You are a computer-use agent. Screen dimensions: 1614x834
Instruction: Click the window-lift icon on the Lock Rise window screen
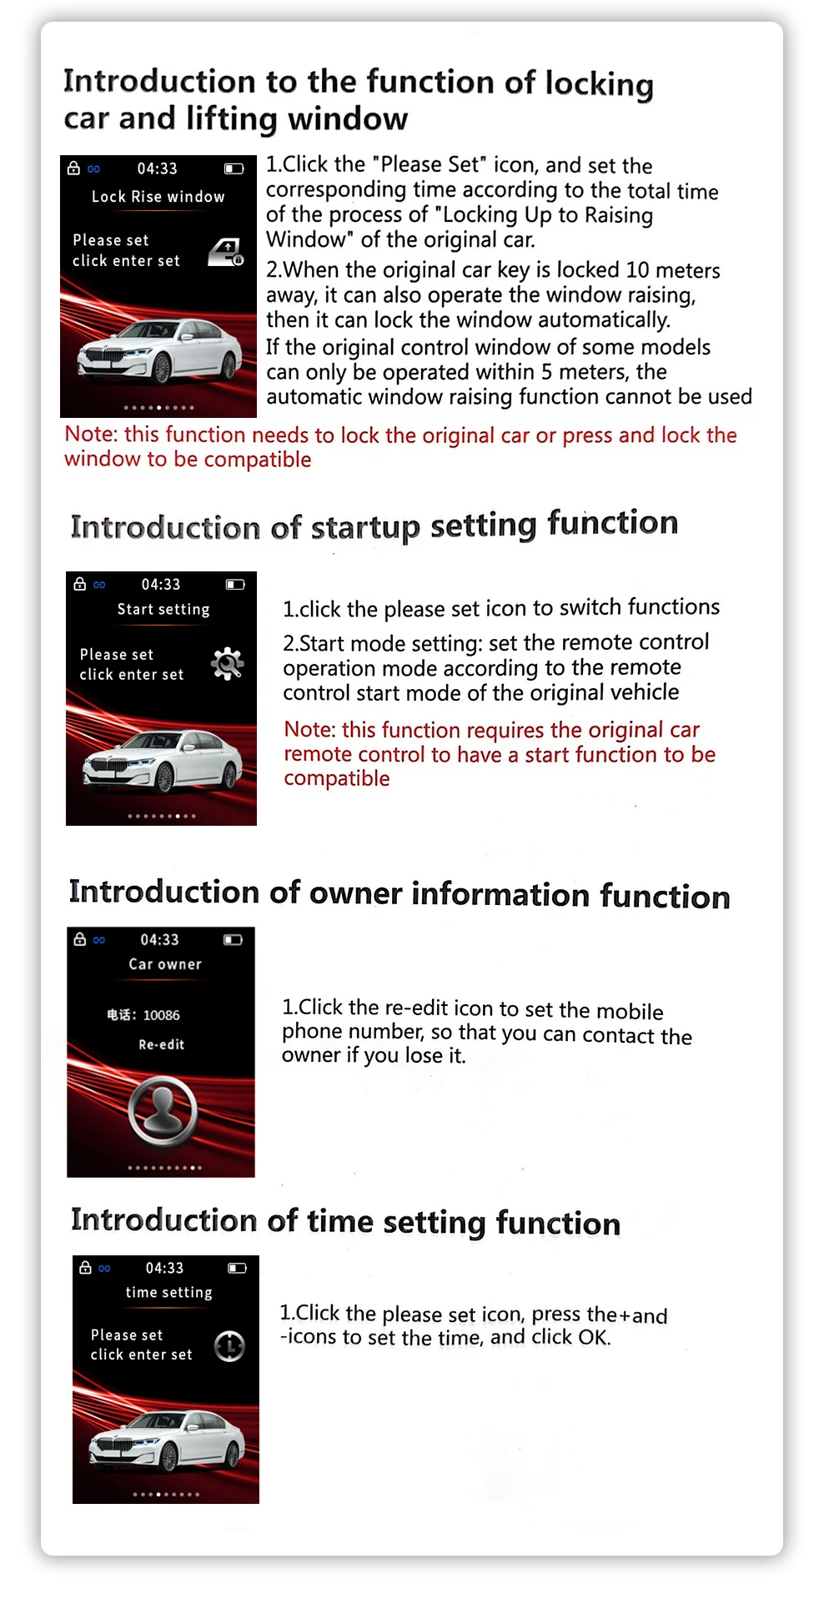(x=226, y=251)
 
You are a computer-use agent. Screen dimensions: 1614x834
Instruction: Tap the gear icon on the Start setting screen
(x=227, y=664)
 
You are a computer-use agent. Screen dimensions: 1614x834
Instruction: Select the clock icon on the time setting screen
(x=229, y=1345)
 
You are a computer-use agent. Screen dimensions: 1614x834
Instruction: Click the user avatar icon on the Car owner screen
(x=163, y=1110)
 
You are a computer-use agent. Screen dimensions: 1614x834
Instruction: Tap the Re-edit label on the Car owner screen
(x=161, y=1044)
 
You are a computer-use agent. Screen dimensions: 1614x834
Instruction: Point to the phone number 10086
(x=161, y=1015)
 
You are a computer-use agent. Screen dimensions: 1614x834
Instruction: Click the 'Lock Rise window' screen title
(x=158, y=197)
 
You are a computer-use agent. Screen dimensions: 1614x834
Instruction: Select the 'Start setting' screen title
(x=163, y=610)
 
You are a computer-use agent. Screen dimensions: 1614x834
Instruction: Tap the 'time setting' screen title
(x=168, y=1292)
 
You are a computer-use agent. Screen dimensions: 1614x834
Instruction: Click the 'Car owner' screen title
(x=165, y=964)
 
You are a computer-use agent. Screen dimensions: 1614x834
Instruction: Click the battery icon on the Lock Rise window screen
(x=234, y=168)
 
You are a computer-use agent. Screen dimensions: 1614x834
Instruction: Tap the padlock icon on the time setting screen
(x=85, y=1268)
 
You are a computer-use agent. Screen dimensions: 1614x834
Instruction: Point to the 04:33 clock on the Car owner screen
(x=159, y=940)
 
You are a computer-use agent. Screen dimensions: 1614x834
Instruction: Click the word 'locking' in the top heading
(x=599, y=83)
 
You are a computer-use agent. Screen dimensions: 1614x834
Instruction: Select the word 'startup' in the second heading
(x=364, y=527)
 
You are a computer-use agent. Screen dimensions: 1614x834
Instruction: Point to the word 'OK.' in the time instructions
(x=595, y=1338)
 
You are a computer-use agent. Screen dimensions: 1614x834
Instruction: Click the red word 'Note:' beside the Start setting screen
(x=309, y=730)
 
